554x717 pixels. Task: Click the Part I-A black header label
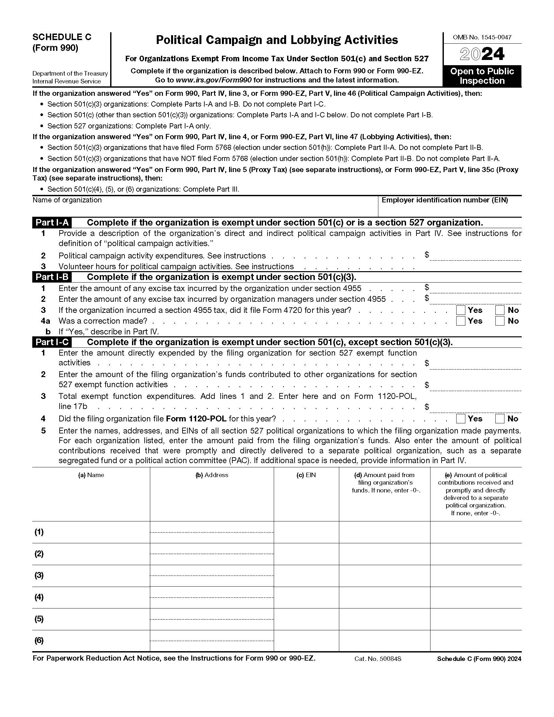[52, 223]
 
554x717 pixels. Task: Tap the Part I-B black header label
[52, 277]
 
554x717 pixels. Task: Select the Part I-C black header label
[52, 342]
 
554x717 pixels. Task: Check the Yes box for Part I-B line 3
[461, 310]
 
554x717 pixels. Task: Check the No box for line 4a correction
[500, 321]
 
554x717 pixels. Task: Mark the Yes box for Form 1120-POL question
[461, 418]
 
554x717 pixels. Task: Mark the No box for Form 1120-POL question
[500, 418]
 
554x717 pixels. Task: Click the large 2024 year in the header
[482, 54]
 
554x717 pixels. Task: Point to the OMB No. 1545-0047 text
[482, 37]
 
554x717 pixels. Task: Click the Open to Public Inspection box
[482, 76]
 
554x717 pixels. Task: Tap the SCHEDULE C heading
[62, 37]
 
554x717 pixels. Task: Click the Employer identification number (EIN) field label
[445, 200]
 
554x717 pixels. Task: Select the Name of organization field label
[67, 200]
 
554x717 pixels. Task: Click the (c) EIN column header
[306, 475]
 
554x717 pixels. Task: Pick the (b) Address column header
[212, 475]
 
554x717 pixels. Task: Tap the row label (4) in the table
[39, 597]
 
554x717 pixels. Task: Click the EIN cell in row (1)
[306, 532]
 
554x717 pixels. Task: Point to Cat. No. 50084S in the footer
[378, 659]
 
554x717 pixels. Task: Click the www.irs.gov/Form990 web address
[214, 80]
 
